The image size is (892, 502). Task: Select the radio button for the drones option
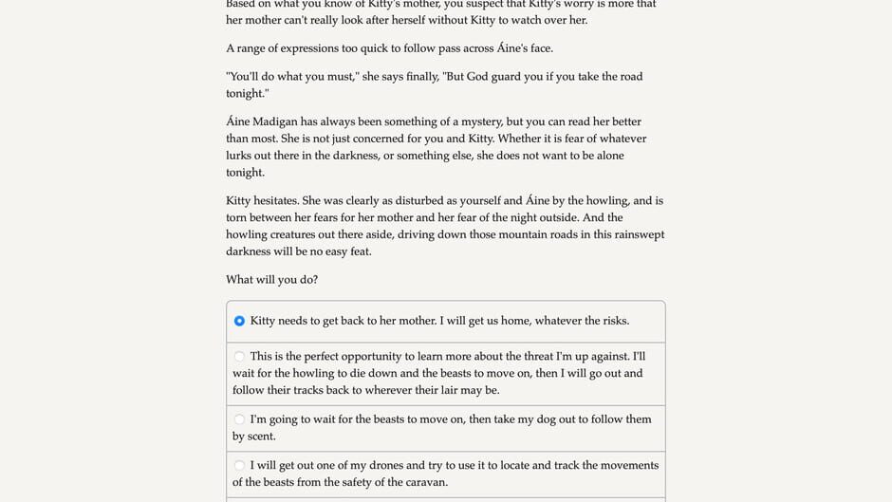tap(239, 466)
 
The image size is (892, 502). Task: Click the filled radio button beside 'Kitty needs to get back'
tap(239, 321)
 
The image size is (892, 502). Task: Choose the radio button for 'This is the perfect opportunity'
tap(239, 357)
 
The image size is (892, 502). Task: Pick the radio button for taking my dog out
tap(239, 419)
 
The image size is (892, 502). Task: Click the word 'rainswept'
tap(634, 235)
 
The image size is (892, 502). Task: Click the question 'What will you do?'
tap(271, 280)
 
